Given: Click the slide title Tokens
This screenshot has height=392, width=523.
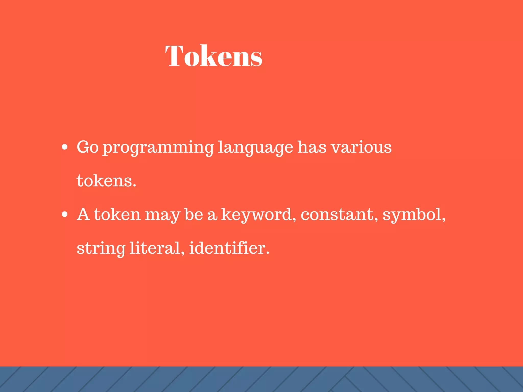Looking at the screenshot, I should [x=214, y=56].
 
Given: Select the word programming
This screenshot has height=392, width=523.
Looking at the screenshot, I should [x=158, y=148].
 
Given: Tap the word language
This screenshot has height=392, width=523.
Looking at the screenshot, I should [x=255, y=148].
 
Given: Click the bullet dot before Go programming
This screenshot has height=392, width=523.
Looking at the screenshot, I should [x=65, y=147].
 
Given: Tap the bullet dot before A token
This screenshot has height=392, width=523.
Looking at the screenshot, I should [x=65, y=214].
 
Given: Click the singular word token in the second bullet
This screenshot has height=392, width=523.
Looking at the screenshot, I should [x=117, y=214].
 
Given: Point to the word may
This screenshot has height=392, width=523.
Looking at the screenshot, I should [x=163, y=215].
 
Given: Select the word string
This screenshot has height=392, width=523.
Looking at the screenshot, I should [x=101, y=249].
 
